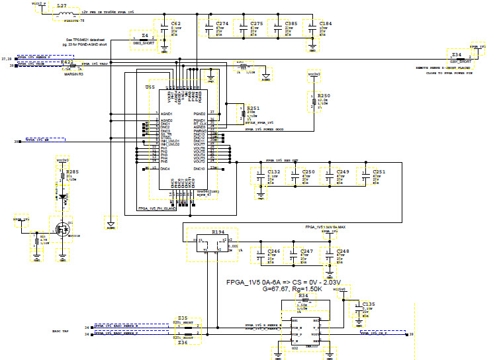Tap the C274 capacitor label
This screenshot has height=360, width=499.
[222, 23]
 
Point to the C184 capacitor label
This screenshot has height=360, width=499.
[326, 23]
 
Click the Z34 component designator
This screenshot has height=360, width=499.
[456, 55]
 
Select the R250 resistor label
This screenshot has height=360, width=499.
[324, 95]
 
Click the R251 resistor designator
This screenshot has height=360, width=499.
[253, 108]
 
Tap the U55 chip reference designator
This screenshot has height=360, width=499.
[150, 87]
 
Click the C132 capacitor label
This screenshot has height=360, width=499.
[275, 171]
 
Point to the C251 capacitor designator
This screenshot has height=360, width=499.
[379, 171]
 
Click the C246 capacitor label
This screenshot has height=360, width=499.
[273, 251]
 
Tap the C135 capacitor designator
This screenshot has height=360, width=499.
[369, 304]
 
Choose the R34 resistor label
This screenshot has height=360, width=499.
[303, 296]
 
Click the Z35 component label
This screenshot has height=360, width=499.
[183, 318]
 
